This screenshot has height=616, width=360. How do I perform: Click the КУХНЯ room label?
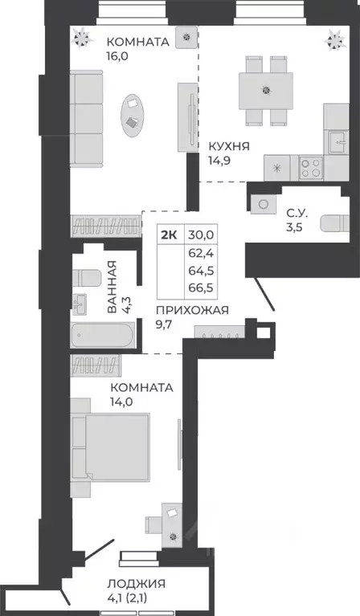pos(229,146)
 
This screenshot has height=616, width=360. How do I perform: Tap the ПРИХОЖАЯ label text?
pos(192,309)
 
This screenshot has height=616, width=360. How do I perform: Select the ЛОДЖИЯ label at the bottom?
pos(138,583)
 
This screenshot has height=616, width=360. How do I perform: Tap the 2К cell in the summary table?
pos(170,234)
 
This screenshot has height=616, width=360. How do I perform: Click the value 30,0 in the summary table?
pos(202,234)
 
